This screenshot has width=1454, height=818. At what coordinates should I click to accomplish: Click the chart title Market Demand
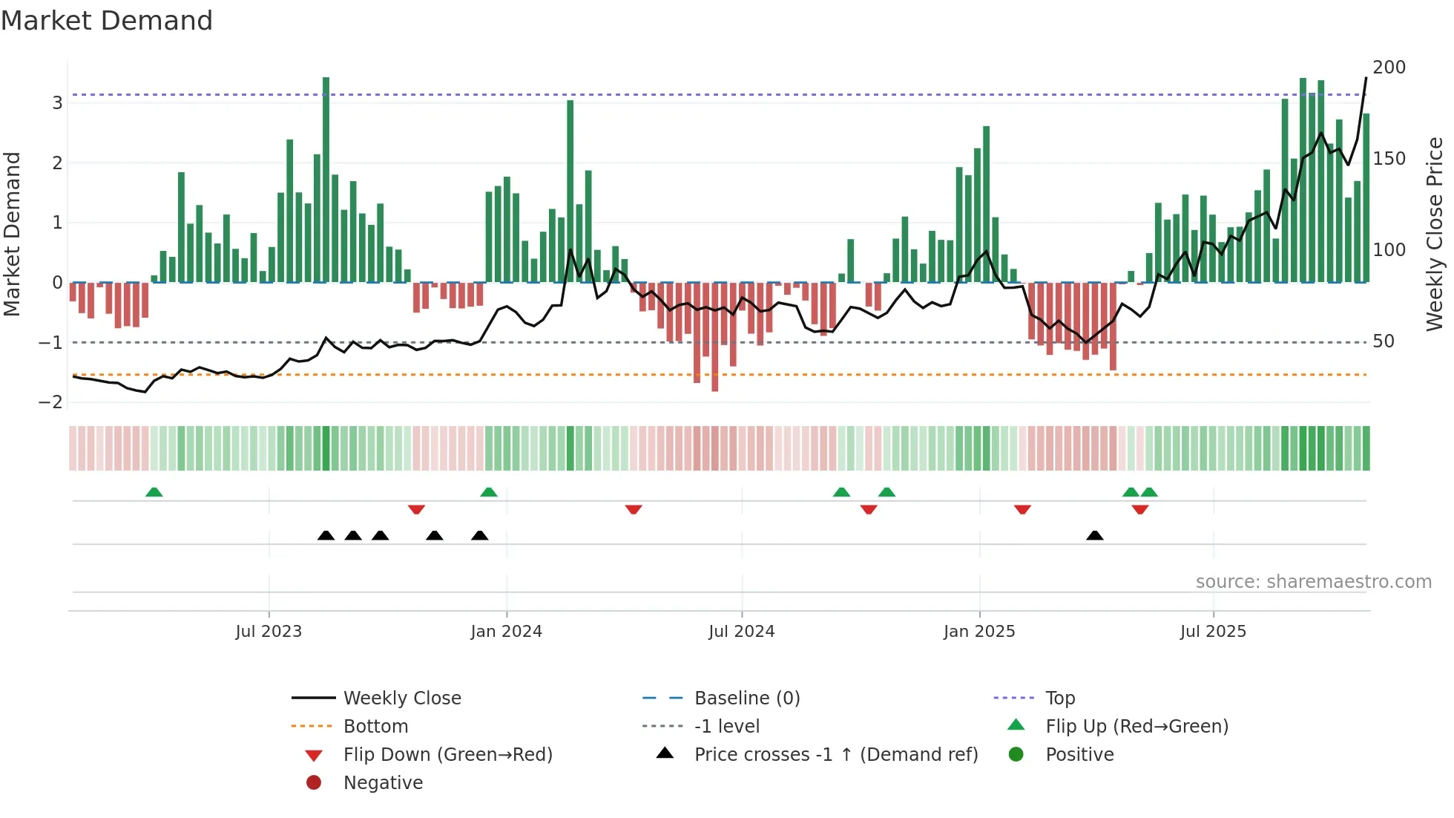pyautogui.click(x=107, y=21)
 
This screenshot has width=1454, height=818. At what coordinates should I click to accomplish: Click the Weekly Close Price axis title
pyautogui.click(x=1435, y=234)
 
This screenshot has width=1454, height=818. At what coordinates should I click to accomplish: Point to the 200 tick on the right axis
pyautogui.click(x=1389, y=68)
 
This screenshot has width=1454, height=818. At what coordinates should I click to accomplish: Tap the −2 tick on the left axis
pyautogui.click(x=50, y=402)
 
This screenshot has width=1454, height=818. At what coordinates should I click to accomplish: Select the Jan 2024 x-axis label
pyautogui.click(x=506, y=632)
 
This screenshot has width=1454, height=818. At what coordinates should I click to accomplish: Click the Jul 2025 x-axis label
pyautogui.click(x=1213, y=632)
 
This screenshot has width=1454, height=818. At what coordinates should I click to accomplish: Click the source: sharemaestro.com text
pyautogui.click(x=1313, y=582)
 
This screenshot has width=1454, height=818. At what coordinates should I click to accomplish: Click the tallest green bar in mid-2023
pyautogui.click(x=326, y=178)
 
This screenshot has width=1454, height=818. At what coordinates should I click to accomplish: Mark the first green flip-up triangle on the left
pyautogui.click(x=154, y=493)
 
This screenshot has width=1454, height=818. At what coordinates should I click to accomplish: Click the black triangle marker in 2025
pyautogui.click(x=1094, y=536)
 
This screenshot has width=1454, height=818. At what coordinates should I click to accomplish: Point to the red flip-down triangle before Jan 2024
pyautogui.click(x=416, y=509)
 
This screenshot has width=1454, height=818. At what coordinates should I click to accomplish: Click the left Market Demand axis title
pyautogui.click(x=12, y=234)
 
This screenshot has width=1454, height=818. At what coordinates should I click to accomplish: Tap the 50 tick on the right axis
pyautogui.click(x=1383, y=341)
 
